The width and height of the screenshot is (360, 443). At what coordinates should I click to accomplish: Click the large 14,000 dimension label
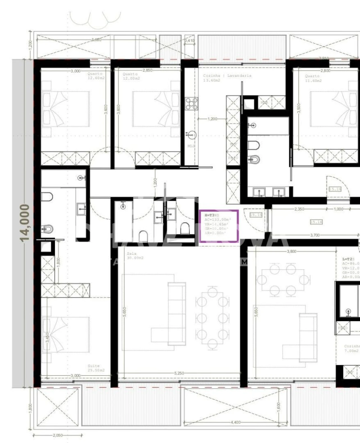tap(25, 222)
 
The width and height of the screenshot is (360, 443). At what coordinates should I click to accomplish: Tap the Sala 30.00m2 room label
tap(135, 256)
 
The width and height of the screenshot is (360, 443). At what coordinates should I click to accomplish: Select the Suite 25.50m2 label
tap(96, 368)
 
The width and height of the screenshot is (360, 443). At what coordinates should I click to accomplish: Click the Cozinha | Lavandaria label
tap(227, 78)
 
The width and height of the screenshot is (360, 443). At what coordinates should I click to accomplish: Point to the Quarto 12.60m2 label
tap(96, 76)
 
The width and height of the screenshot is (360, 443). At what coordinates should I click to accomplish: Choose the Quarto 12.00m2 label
tap(131, 76)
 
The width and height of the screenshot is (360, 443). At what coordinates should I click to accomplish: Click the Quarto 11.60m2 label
tap(313, 78)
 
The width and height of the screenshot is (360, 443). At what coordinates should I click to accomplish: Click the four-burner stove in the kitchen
tap(191, 104)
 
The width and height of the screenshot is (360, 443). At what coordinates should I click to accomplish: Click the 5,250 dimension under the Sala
tap(179, 373)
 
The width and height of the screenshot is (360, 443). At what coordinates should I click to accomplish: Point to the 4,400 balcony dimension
tap(235, 422)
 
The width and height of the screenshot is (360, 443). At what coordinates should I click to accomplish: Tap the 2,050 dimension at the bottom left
tap(58, 435)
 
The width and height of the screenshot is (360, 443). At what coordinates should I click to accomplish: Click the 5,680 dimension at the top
tap(96, 40)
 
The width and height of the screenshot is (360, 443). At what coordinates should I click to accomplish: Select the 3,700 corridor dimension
tap(315, 235)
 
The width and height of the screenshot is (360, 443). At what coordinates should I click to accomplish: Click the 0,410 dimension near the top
tap(190, 41)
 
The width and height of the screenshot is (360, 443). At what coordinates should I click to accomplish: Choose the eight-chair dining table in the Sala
tap(212, 318)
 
